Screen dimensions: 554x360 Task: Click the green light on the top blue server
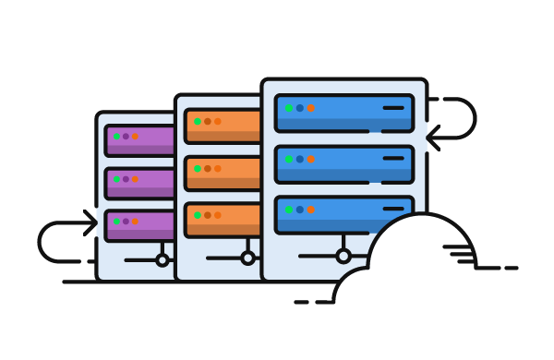[289, 108]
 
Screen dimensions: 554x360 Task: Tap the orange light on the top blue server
[311, 108]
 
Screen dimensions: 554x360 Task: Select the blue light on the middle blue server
[300, 159]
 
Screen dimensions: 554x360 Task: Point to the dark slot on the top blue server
[393, 108]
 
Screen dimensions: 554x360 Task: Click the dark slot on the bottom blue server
[393, 209]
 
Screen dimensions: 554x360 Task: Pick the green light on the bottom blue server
[289, 210]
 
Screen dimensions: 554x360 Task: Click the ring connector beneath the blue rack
[343, 256]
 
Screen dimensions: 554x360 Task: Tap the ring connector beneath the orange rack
[247, 258]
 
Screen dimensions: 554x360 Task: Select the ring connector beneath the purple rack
[163, 259]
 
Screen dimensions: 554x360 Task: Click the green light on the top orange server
[198, 121]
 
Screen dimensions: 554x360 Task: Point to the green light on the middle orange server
[198, 169]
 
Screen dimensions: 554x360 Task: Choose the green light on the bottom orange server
[198, 215]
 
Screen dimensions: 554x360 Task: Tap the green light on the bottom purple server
[117, 222]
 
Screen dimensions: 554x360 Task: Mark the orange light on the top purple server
[135, 137]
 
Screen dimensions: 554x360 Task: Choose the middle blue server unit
[343, 163]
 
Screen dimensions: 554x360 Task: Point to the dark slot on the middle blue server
[393, 158]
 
